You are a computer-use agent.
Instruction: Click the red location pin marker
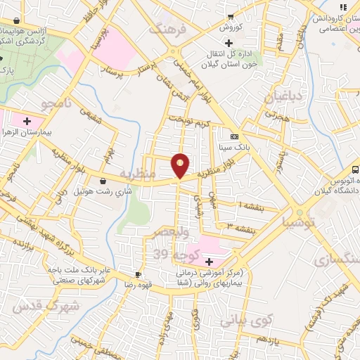pyautogui.click(x=181, y=165)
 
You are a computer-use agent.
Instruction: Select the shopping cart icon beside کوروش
pyautogui.click(x=230, y=17)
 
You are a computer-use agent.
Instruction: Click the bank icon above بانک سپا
pyautogui.click(x=234, y=137)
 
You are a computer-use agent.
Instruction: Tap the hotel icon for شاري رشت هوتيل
pyautogui.click(x=103, y=180)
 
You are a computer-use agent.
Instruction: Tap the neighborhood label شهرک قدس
pyautogui.click(x=39, y=305)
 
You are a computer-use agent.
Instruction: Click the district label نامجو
pyautogui.click(x=56, y=105)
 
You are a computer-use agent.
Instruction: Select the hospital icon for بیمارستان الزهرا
pyautogui.click(x=27, y=121)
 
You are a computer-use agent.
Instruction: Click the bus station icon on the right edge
pyautogui.click(x=355, y=169)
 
